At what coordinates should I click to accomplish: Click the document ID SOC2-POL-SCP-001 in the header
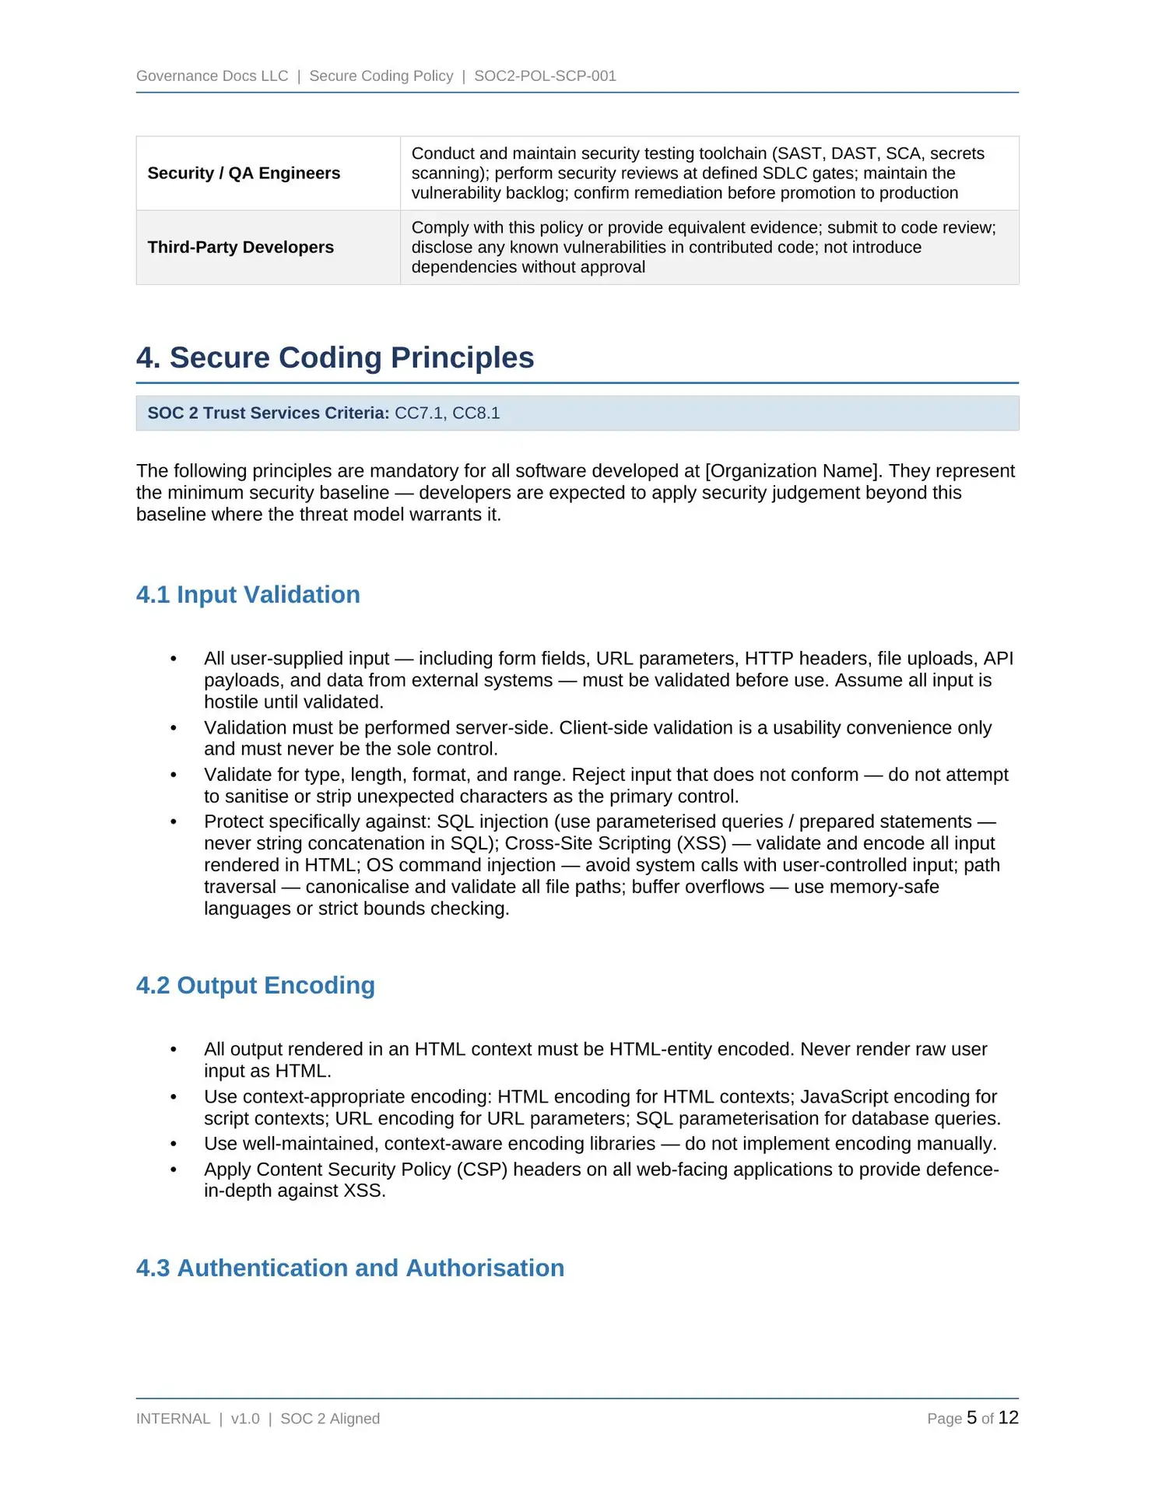545,76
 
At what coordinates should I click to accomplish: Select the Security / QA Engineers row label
244,173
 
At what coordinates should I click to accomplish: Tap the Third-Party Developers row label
240,247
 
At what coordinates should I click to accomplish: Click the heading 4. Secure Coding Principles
335,357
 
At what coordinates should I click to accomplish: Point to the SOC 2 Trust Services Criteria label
268,413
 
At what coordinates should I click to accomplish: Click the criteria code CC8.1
476,413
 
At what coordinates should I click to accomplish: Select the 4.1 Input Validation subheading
247,594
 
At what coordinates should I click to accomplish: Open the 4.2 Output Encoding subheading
255,985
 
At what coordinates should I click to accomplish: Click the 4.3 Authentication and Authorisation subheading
349,1268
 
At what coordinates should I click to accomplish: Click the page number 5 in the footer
971,1418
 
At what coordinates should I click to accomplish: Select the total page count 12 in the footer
1008,1418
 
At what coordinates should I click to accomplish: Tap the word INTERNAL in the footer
173,1419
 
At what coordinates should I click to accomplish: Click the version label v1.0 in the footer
245,1419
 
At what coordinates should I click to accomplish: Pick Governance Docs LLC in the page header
212,76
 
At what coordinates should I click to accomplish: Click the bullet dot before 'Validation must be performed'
174,728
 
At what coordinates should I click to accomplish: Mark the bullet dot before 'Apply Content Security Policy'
174,1170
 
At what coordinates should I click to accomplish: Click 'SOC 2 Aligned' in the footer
330,1419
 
